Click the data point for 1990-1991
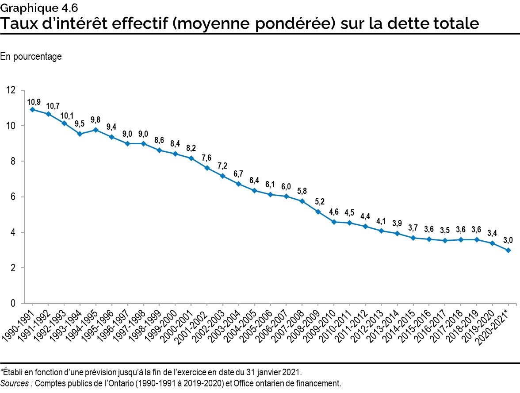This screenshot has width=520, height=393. coord(32,109)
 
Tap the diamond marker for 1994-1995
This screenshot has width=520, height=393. coord(96,130)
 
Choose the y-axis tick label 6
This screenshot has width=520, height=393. coord(12,197)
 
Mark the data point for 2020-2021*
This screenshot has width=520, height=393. coord(509,250)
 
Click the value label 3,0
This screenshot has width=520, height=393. coord(509,240)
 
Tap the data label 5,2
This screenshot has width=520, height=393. coord(318,202)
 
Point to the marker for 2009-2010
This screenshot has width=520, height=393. coord(334,222)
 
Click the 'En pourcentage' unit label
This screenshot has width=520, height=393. coord(31,57)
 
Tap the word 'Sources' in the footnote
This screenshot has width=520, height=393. coord(15,383)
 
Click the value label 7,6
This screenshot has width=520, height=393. coord(206,158)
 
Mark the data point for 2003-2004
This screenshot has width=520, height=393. coord(238,184)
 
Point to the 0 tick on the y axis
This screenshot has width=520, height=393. coord(12,304)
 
